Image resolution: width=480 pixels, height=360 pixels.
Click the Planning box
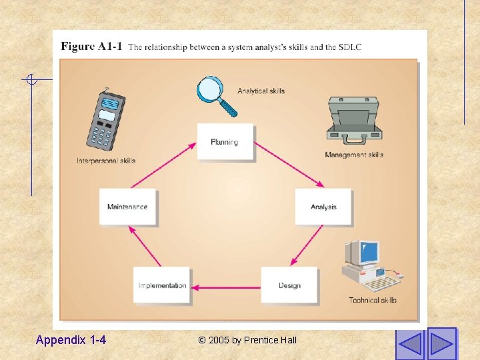(225, 142)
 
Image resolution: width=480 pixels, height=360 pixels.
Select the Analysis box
(323, 207)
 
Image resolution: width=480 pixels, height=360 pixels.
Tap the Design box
(289, 285)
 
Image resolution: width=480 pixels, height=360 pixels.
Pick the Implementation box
(162, 285)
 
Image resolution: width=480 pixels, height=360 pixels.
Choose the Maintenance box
(127, 207)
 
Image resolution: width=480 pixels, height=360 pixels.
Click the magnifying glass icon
(216, 95)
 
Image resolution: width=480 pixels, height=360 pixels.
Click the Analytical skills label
(261, 91)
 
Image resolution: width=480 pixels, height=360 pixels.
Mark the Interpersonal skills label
(106, 161)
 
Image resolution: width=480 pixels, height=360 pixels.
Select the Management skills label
(354, 155)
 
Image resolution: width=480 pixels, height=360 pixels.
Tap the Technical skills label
(373, 300)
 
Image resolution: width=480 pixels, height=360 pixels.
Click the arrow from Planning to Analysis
(289, 165)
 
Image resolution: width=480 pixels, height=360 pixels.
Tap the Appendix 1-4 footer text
(71, 340)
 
